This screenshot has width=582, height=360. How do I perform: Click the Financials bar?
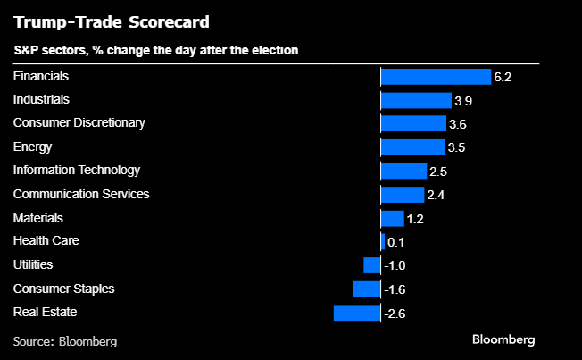(x=436, y=77)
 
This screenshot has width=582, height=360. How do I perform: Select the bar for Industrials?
(x=416, y=100)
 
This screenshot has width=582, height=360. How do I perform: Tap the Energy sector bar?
(x=412, y=147)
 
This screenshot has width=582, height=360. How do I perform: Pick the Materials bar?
(x=393, y=218)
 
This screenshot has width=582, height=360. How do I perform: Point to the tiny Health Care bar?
(x=383, y=241)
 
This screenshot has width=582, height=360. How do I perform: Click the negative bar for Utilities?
(x=372, y=264)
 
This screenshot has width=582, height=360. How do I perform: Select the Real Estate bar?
(x=357, y=312)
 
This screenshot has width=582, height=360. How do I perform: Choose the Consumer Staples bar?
(x=367, y=289)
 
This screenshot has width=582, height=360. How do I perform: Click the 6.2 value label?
(x=503, y=78)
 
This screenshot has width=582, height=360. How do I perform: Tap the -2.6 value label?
(x=395, y=313)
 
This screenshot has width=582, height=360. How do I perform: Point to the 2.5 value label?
(x=438, y=172)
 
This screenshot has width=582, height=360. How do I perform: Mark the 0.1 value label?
(x=395, y=242)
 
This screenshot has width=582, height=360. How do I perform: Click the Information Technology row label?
(x=77, y=170)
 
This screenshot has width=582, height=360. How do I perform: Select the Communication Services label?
(x=81, y=194)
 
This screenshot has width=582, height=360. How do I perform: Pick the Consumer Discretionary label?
(x=79, y=122)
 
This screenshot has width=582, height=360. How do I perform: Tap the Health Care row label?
(x=46, y=241)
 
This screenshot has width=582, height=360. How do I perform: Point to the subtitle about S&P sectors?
(x=155, y=51)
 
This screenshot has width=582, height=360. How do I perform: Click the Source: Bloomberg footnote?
(x=65, y=341)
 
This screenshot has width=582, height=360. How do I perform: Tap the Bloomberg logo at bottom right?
(x=503, y=340)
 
